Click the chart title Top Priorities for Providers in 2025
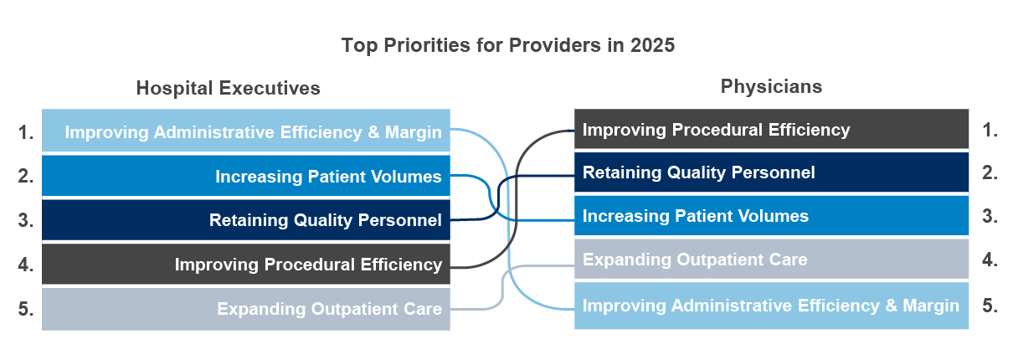pyautogui.click(x=508, y=45)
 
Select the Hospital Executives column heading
pyautogui.click(x=228, y=88)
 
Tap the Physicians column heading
pyautogui.click(x=771, y=86)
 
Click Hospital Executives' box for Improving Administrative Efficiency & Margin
pyautogui.click(x=246, y=131)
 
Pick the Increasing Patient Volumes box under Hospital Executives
pyautogui.click(x=246, y=176)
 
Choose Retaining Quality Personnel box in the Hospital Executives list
pyautogui.click(x=246, y=220)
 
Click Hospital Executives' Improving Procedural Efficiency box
pyautogui.click(x=246, y=264)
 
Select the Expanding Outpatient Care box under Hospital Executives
pyautogui.click(x=246, y=309)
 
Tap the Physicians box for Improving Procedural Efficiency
pyautogui.click(x=772, y=129)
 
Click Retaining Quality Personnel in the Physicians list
pyautogui.click(x=772, y=172)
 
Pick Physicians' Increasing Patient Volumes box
pyautogui.click(x=772, y=216)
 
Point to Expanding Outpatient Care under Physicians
pyautogui.click(x=772, y=260)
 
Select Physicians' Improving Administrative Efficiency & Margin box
pyautogui.click(x=772, y=306)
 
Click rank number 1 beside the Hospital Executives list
pyautogui.click(x=26, y=132)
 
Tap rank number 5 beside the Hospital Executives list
pyautogui.click(x=26, y=309)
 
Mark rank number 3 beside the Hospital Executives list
pyautogui.click(x=26, y=220)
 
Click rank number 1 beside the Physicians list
pyautogui.click(x=990, y=131)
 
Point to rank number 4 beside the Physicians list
pyautogui.click(x=990, y=260)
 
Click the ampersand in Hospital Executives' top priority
pyautogui.click(x=373, y=132)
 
